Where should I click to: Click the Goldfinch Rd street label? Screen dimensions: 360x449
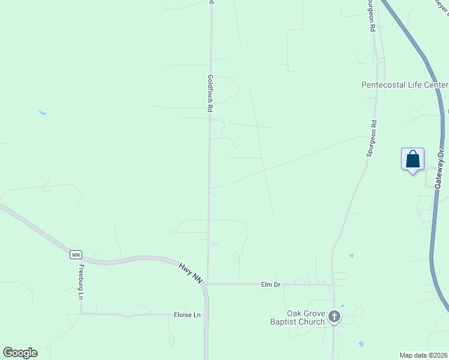click(x=211, y=94)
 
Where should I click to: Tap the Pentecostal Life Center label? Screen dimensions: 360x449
click(x=405, y=85)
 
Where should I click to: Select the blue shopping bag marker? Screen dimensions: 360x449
click(x=412, y=160)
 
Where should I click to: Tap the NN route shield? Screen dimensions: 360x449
click(x=75, y=254)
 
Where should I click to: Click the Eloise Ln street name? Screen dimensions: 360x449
click(x=187, y=315)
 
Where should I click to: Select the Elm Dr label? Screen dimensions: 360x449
click(x=271, y=284)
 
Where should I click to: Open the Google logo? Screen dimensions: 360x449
click(x=20, y=353)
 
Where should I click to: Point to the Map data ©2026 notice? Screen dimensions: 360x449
click(x=424, y=355)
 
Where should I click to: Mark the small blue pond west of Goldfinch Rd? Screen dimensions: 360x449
click(x=42, y=113)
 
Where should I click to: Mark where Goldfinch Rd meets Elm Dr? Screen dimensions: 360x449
click(x=208, y=284)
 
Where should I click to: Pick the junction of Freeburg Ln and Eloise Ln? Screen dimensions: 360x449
click(x=81, y=313)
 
